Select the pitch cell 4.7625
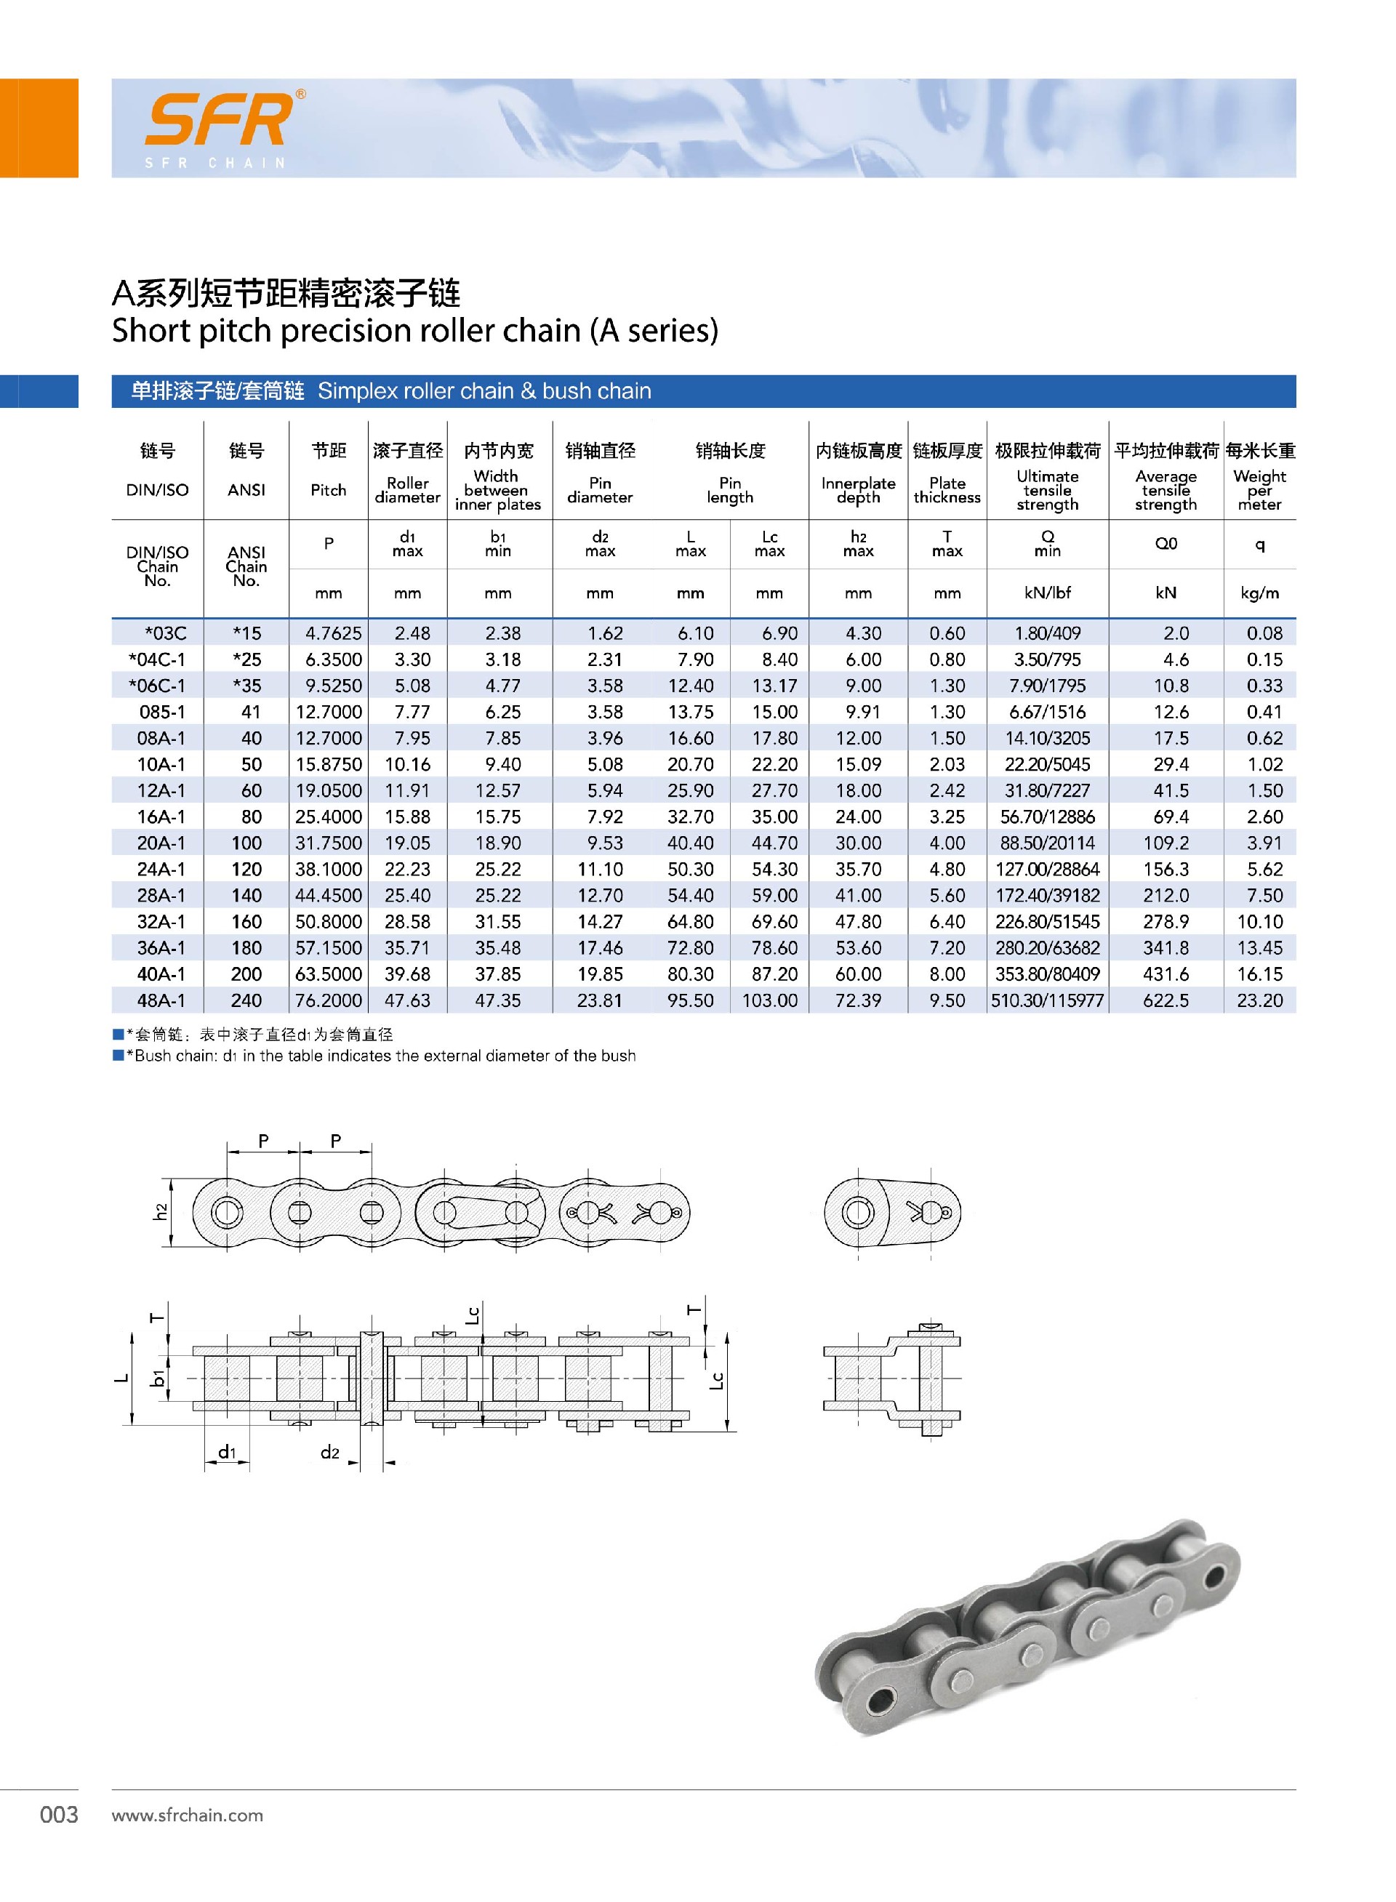pyautogui.click(x=329, y=633)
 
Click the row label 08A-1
pyautogui.click(x=161, y=738)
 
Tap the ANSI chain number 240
pyautogui.click(x=246, y=1000)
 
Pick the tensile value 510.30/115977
pyautogui.click(x=1047, y=1000)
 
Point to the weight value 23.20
pyautogui.click(x=1259, y=1000)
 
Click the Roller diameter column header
pyautogui.click(x=407, y=489)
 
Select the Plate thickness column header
pyautogui.click(x=947, y=489)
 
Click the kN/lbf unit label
pyautogui.click(x=1047, y=593)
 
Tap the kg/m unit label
pyautogui.click(x=1259, y=593)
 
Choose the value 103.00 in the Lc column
pyautogui.click(x=769, y=1000)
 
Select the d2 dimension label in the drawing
pyautogui.click(x=329, y=1452)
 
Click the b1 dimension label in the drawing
pyautogui.click(x=158, y=1378)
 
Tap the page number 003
pyautogui.click(x=59, y=1814)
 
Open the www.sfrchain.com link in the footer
pyautogui.click(x=187, y=1815)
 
